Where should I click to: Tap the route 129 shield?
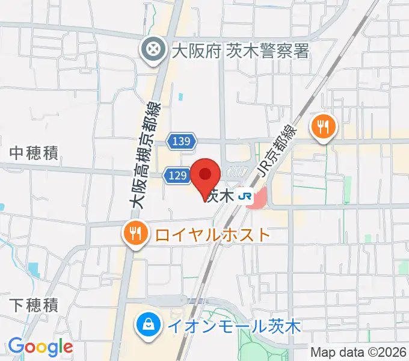point(176,175)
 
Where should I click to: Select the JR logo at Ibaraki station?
point(244,196)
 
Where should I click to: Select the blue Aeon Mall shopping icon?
point(147,326)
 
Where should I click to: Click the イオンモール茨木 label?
point(233,327)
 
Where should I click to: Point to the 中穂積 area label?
point(34,153)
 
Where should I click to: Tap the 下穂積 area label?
point(34,305)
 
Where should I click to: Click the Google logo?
point(40,347)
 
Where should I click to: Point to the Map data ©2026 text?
point(358,352)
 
